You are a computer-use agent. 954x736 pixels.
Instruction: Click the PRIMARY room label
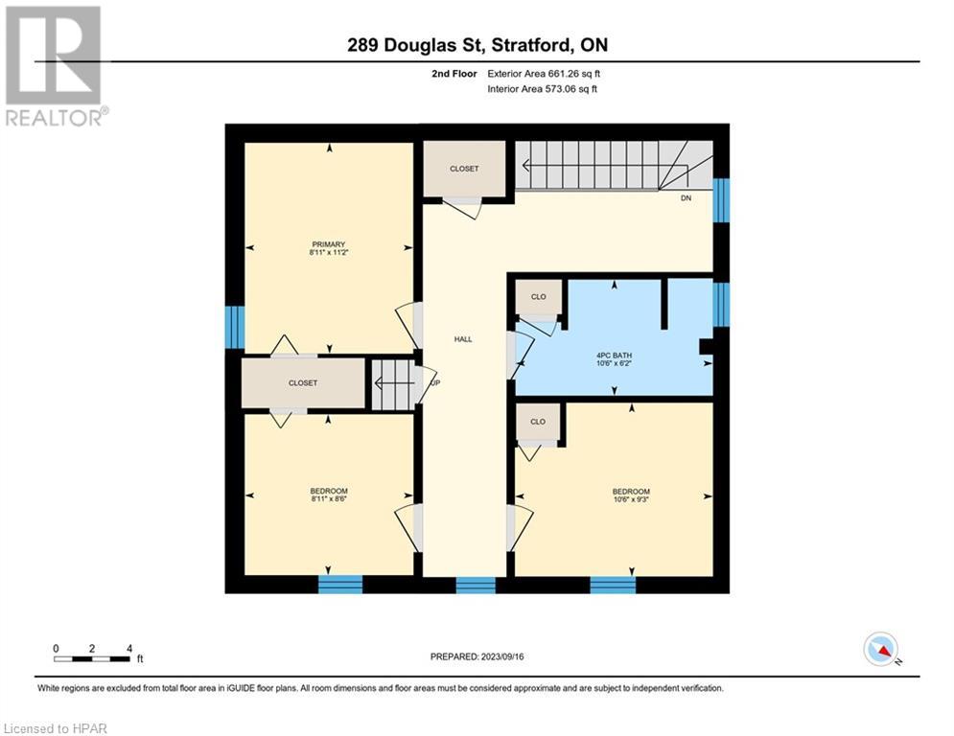click(327, 244)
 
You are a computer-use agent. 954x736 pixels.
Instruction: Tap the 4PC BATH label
click(614, 355)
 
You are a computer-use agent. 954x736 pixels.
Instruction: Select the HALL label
click(463, 339)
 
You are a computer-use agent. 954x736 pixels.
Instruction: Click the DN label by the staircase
click(686, 198)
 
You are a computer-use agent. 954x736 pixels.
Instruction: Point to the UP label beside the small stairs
click(435, 382)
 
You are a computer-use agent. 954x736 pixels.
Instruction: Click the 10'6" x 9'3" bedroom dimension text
click(631, 499)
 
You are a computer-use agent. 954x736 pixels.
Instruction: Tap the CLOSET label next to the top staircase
click(464, 169)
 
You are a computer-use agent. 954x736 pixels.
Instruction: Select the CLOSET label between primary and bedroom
click(302, 382)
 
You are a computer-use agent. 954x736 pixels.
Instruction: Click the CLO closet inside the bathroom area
click(539, 297)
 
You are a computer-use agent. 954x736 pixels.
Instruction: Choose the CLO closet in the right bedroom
click(538, 422)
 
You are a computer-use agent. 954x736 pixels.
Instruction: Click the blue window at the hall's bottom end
click(476, 585)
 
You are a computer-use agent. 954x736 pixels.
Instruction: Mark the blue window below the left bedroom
click(340, 585)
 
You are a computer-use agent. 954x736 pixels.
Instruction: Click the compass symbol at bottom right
click(880, 649)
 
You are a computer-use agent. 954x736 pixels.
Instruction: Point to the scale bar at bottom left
click(93, 657)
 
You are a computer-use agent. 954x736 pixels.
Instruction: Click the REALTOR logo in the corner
click(55, 65)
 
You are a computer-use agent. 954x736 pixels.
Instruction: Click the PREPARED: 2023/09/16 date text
click(477, 656)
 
